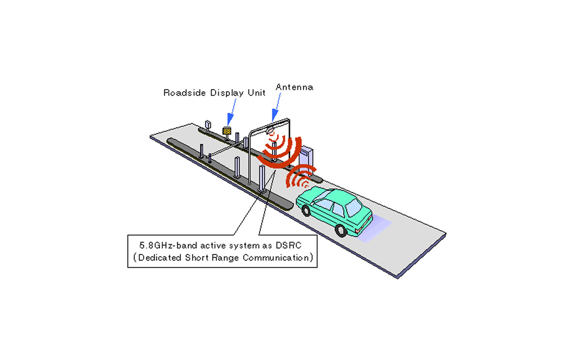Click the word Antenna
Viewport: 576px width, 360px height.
[294, 87]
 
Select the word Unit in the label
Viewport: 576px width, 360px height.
[256, 93]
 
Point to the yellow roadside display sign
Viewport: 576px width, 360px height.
[226, 131]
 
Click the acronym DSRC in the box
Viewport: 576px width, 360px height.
[288, 246]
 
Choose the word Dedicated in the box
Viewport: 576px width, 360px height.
[160, 258]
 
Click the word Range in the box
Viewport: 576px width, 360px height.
[226, 258]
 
